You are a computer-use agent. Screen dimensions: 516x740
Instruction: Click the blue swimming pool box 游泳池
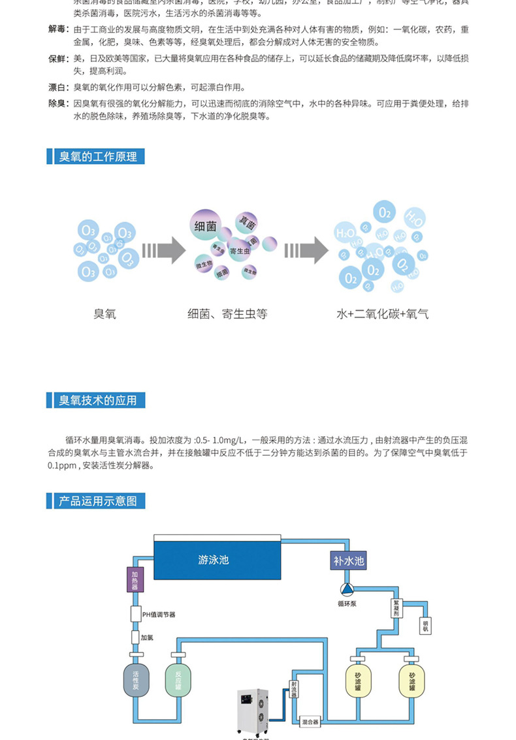click(216, 559)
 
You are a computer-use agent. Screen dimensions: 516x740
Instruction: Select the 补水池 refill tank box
click(348, 560)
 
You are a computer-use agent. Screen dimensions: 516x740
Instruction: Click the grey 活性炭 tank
click(136, 681)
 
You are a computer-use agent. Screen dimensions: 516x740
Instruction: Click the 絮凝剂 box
click(396, 610)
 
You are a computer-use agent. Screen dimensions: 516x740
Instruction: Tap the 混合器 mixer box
click(310, 723)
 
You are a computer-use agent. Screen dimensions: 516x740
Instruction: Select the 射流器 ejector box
click(293, 692)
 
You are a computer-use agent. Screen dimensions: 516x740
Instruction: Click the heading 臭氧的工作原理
click(98, 157)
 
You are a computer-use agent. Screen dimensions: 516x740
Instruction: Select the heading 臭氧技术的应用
click(98, 400)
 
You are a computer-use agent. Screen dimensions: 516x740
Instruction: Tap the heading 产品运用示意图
click(98, 501)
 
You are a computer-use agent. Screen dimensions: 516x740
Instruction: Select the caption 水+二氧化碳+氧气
click(383, 314)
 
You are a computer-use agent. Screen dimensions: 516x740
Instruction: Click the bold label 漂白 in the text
click(58, 87)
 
